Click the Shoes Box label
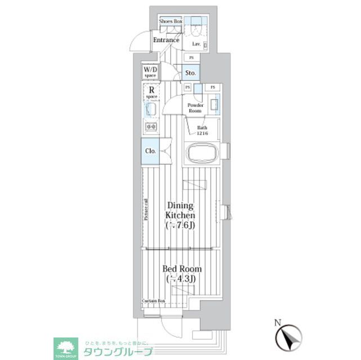coord(171,21)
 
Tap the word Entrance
coord(167,40)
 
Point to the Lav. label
coord(197,43)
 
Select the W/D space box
coord(150,72)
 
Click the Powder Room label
coord(195,108)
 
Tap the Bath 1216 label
coord(202,131)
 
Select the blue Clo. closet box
coord(150,151)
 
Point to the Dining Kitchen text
coord(180,210)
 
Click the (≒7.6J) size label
coord(180,226)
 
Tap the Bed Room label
coord(180,269)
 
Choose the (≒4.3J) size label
coord(180,280)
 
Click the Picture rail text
coord(146,210)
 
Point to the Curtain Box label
coord(153,301)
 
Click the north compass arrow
coord(291,339)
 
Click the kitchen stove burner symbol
coord(151,127)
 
